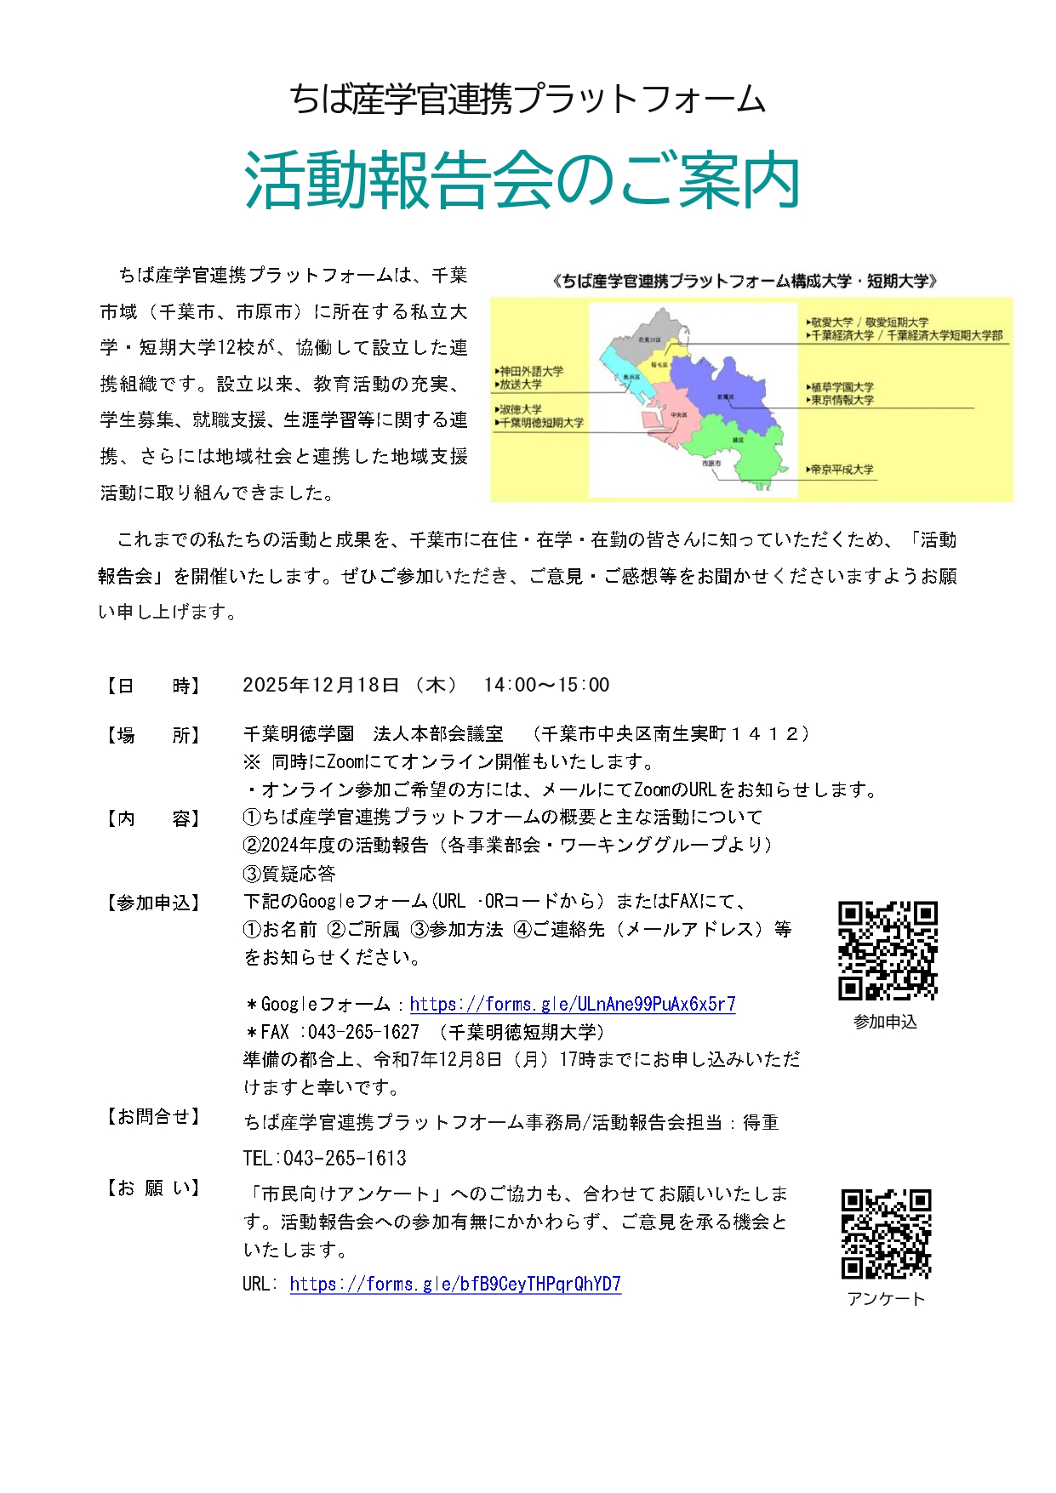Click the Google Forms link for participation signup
pos(572,1004)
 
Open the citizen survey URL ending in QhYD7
pos(455,1284)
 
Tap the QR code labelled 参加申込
pos(888,950)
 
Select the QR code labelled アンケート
pos(886,1234)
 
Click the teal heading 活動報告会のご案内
pos(522,181)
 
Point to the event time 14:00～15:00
pos(546,685)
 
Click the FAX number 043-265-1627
pos(363,1032)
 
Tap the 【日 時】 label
pos(153,686)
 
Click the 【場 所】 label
pos(153,735)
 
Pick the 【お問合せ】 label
pos(153,1116)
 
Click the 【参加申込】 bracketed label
pos(153,903)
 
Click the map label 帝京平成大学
pos(842,470)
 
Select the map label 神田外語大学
pos(531,371)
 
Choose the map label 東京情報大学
pos(842,400)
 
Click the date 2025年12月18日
pos(321,685)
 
